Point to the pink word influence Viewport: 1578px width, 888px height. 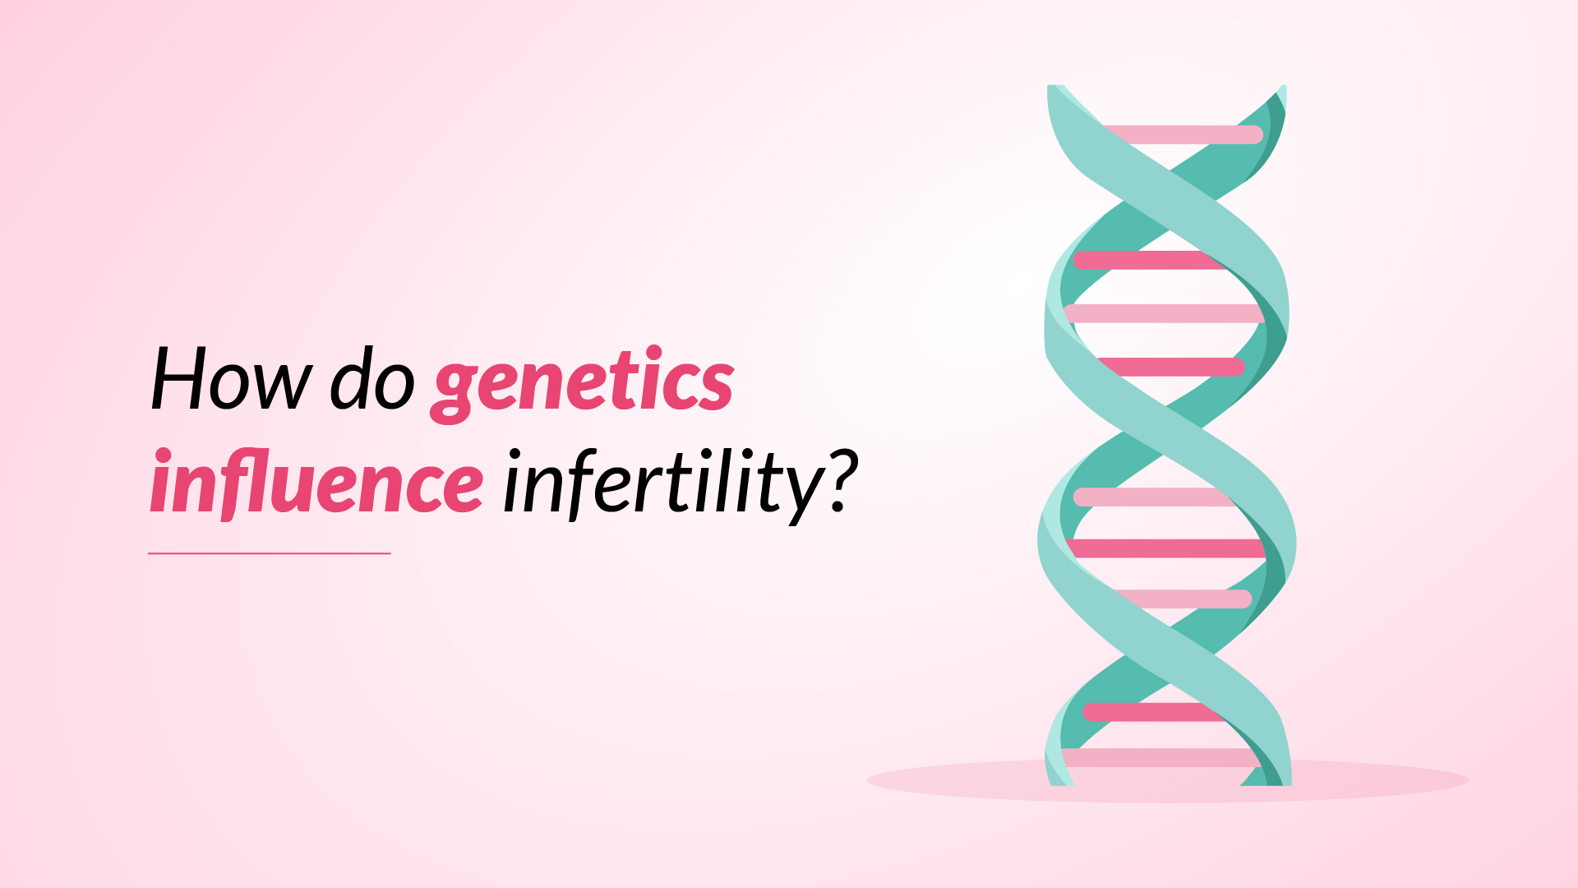pos(316,482)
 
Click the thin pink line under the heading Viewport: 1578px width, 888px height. pos(270,553)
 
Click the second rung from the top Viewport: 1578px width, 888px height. pos(1151,261)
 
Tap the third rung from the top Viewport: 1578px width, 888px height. pos(1164,313)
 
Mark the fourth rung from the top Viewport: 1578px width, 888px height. pos(1170,367)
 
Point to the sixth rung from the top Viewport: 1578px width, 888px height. pos(1166,548)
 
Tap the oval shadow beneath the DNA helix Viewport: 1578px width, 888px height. pos(1167,780)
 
